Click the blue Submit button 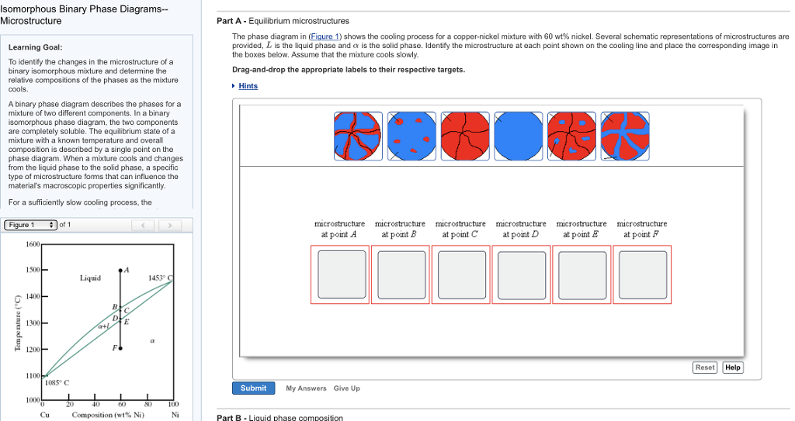(x=253, y=388)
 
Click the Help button (x=733, y=368)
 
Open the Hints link (x=248, y=86)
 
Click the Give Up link (x=347, y=388)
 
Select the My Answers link (x=306, y=388)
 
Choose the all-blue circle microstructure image (x=519, y=136)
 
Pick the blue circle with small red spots (x=412, y=136)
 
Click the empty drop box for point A (x=340, y=274)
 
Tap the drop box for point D (x=522, y=274)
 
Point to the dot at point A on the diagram (x=120, y=271)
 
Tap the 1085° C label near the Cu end (x=57, y=382)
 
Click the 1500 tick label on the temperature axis (x=33, y=270)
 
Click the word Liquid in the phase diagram (x=90, y=278)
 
